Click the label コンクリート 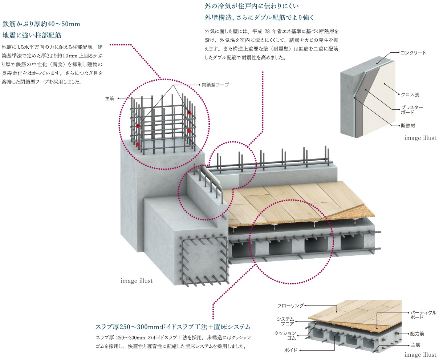click(413, 53)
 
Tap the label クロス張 click(410, 94)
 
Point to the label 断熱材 click(408, 126)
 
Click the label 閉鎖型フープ click(215, 85)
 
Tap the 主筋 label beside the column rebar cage click(110, 98)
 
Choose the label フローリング click(290, 306)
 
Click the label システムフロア click(285, 321)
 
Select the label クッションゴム click(285, 336)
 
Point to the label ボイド click(291, 350)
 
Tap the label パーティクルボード click(423, 315)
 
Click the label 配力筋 click(417, 333)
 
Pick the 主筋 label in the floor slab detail click(415, 345)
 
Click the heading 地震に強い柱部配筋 click(32, 35)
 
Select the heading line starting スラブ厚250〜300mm click(173, 327)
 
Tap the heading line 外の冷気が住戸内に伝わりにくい click(252, 6)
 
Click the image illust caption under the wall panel click(420, 138)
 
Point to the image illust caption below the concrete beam click(137, 281)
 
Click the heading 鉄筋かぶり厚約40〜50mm click(41, 24)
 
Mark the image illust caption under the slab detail click(420, 355)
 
